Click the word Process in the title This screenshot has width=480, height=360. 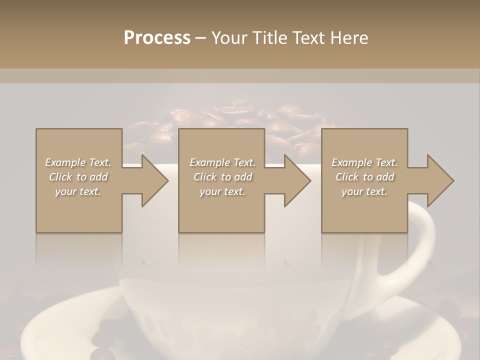coord(157,38)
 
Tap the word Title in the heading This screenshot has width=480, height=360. coord(268,38)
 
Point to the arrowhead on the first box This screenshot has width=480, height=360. coord(152,180)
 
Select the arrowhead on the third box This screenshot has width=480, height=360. coord(438,180)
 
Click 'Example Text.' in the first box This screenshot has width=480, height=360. coord(78,162)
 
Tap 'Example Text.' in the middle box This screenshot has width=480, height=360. coord(222,162)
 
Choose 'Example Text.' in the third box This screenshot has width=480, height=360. coord(364,162)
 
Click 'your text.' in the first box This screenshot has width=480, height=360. coord(78,191)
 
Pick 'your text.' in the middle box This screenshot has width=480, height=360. coord(222,191)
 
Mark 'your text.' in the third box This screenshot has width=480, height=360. coord(364,191)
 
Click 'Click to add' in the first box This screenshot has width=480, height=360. coord(78,177)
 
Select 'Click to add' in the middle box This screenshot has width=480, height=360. coord(222,177)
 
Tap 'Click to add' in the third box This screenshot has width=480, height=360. coord(364,177)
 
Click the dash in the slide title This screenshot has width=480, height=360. coord(201,38)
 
